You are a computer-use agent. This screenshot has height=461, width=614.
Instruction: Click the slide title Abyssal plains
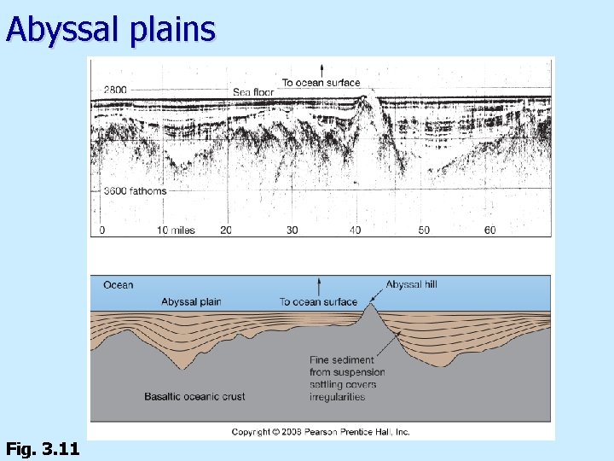[110, 29]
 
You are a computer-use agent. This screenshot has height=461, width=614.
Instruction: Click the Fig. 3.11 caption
[43, 448]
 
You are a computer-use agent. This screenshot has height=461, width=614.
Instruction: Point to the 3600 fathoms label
[135, 191]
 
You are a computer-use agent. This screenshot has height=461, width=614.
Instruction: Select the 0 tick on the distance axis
[102, 230]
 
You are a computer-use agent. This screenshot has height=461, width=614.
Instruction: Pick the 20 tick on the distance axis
[226, 230]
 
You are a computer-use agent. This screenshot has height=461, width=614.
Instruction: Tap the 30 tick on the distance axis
[292, 230]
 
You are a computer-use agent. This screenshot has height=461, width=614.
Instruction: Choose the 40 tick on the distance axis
[356, 230]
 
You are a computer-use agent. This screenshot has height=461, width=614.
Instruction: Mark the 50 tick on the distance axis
[424, 230]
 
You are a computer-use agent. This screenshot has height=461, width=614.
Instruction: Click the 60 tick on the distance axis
[489, 230]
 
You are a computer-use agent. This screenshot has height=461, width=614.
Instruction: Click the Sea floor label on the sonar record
[252, 92]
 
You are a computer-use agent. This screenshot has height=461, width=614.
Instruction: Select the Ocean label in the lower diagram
[118, 285]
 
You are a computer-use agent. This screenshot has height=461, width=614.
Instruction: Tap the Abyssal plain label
[191, 301]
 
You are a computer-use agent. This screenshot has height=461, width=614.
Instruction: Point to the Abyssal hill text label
[411, 284]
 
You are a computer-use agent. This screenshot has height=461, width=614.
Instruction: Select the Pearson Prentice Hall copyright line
[321, 432]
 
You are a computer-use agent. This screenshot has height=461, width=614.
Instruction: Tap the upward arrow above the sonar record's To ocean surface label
[321, 70]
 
